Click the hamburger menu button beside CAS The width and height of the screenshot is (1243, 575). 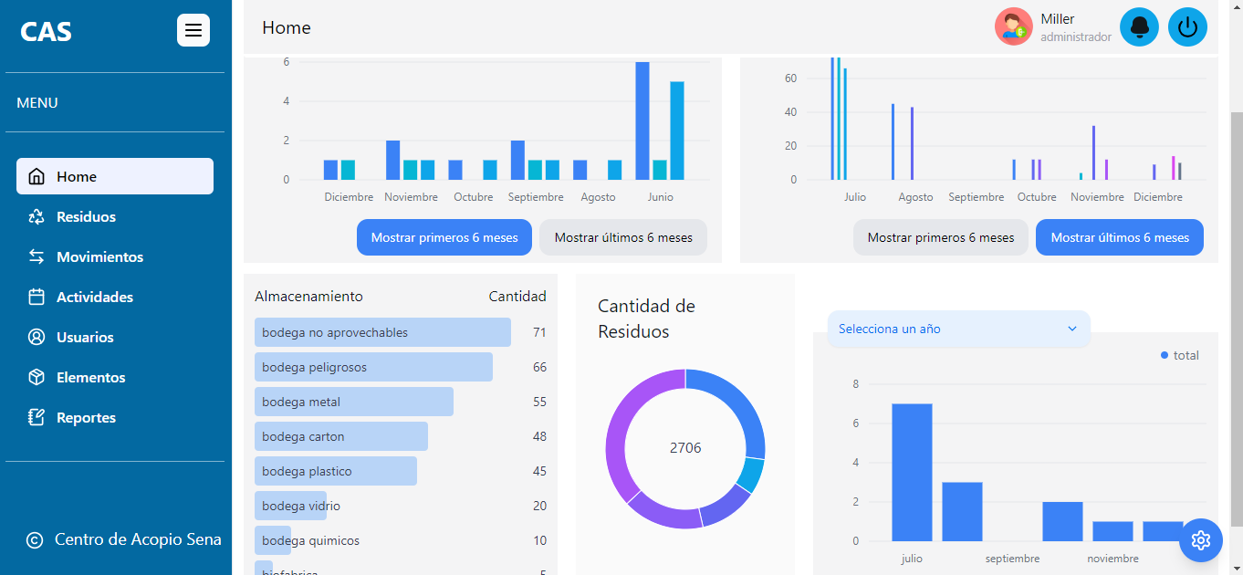(193, 30)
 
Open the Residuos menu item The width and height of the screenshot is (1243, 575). (86, 217)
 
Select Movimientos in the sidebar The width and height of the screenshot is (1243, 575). (99, 257)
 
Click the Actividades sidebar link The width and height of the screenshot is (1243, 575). (94, 298)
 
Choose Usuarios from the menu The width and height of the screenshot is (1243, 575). (85, 338)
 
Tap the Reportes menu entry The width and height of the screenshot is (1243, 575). (86, 418)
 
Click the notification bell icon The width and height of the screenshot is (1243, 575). (1139, 27)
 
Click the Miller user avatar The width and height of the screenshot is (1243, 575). (1013, 27)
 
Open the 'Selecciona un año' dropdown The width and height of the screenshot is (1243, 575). (958, 329)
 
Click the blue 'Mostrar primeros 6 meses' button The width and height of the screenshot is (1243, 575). (444, 237)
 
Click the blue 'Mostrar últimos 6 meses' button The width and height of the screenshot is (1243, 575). (1120, 237)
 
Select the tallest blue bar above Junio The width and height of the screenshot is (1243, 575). (642, 120)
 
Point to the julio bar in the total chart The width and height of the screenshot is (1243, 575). (912, 472)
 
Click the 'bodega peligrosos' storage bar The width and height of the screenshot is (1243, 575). (373, 367)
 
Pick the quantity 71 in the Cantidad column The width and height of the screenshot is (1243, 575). (539, 333)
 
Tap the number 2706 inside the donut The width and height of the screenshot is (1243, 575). (685, 448)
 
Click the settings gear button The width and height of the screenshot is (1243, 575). (1201, 540)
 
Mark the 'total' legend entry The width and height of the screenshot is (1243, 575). (1180, 355)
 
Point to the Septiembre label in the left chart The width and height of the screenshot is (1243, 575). (536, 197)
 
